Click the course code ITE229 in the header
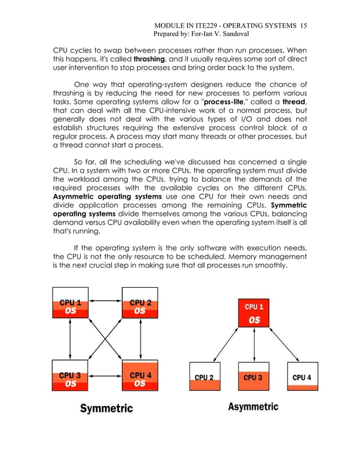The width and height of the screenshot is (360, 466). tap(208, 26)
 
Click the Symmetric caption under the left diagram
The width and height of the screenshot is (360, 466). tap(106, 407)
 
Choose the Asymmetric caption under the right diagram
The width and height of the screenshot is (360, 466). tap(253, 407)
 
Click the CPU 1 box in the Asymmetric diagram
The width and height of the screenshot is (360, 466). tap(254, 313)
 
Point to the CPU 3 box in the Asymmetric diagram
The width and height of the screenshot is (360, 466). tap(253, 377)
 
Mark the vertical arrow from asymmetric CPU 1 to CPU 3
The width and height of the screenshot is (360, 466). tap(254, 346)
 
